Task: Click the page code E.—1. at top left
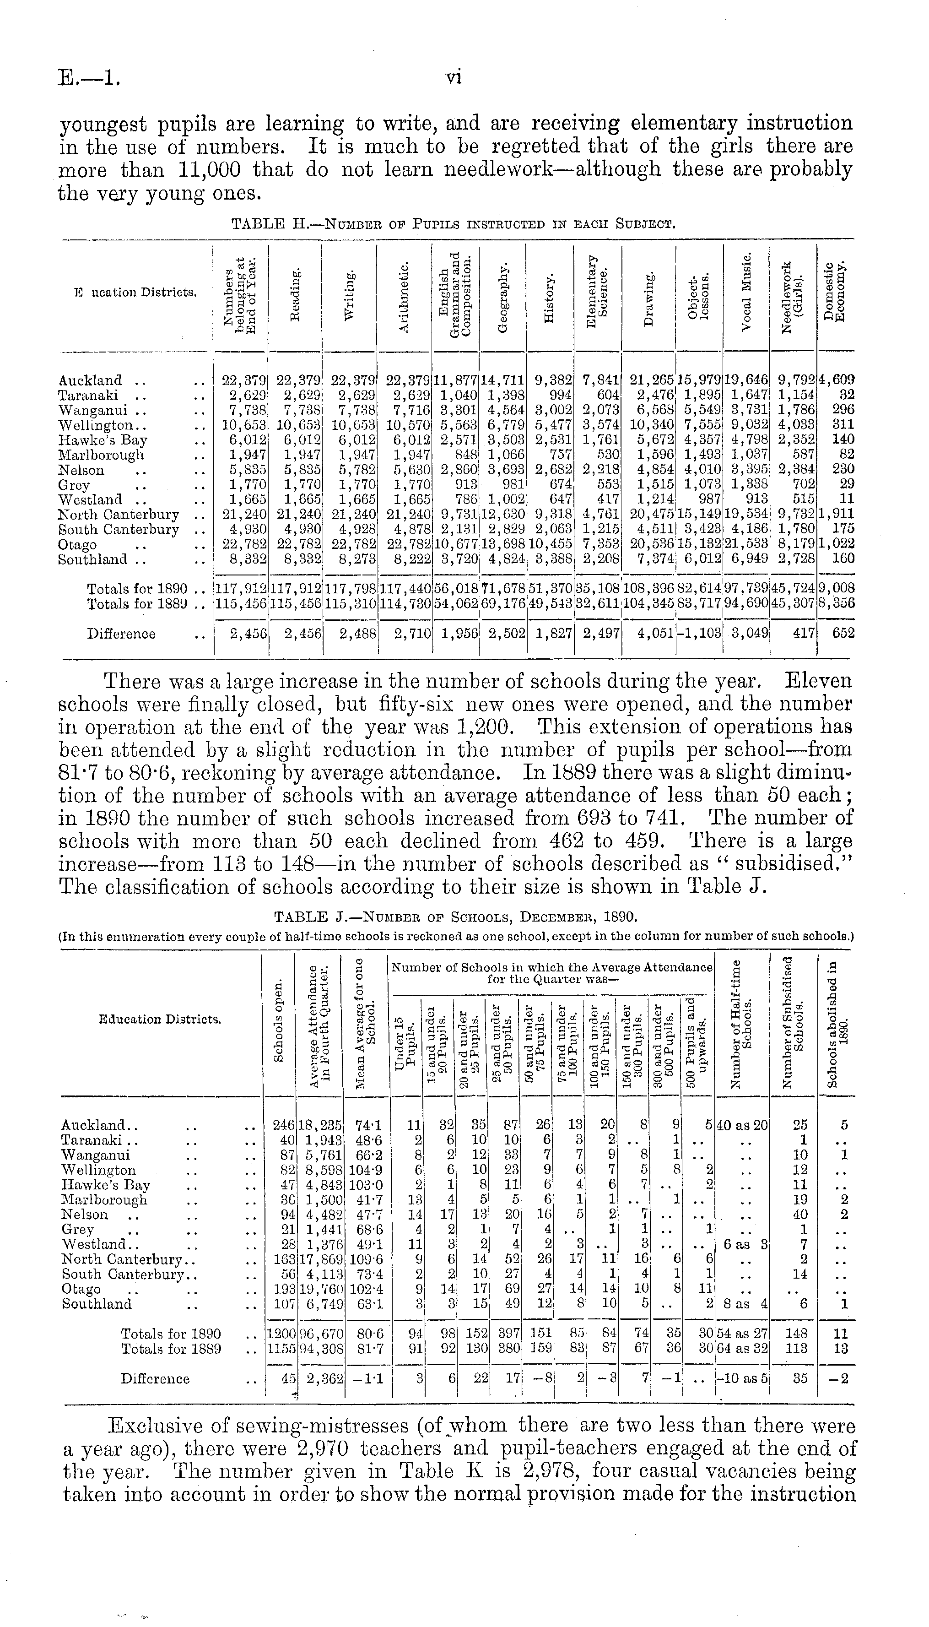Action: click(x=89, y=78)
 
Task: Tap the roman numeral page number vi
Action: click(x=454, y=77)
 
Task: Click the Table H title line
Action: click(x=453, y=223)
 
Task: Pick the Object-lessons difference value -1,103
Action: click(x=699, y=634)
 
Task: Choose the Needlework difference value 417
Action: click(x=801, y=634)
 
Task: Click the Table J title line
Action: click(x=455, y=918)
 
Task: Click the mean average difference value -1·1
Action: click(x=366, y=1379)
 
